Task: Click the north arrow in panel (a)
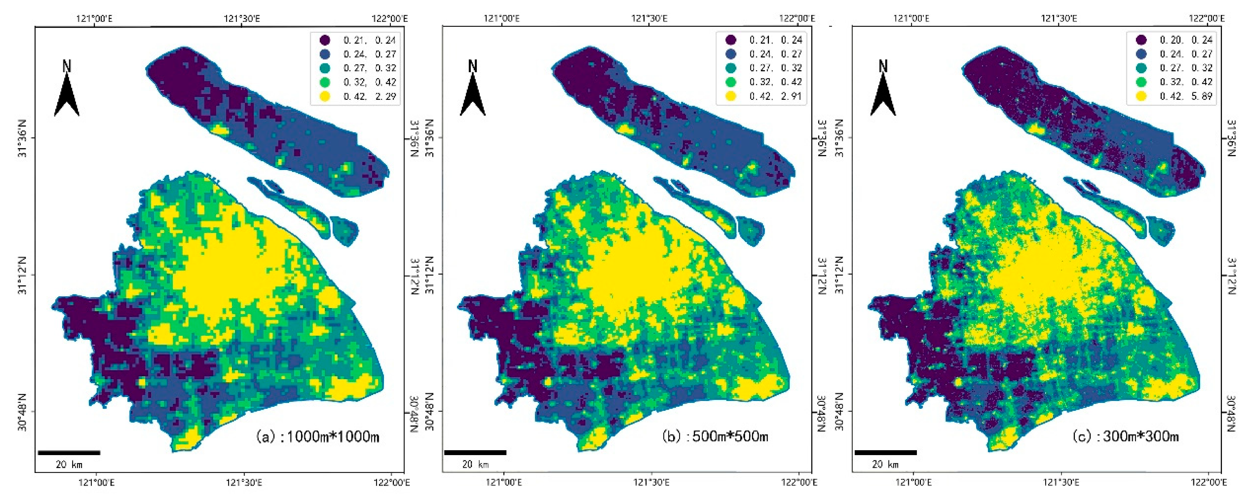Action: (x=67, y=89)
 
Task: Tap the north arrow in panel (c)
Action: (x=883, y=89)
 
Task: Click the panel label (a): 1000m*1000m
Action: (x=317, y=437)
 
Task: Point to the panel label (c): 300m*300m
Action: (x=1126, y=437)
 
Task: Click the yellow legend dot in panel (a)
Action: (x=325, y=96)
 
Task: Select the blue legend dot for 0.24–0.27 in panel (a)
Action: (x=325, y=54)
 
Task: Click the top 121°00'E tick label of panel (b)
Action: (x=502, y=18)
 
